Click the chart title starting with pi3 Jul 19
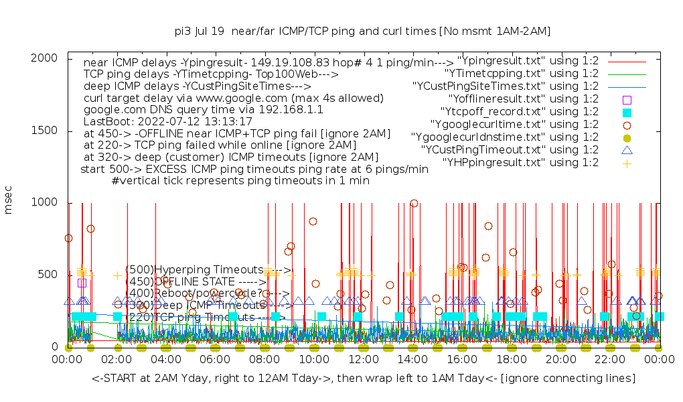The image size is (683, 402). tap(362, 31)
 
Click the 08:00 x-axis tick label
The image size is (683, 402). tap(264, 360)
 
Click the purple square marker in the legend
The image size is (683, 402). tap(627, 99)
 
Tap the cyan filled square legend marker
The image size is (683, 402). tap(627, 112)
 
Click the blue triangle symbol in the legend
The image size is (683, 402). tap(627, 150)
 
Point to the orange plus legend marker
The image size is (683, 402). tap(627, 163)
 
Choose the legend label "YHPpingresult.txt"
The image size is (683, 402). tap(520, 163)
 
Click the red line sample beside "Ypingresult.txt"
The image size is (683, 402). tap(627, 61)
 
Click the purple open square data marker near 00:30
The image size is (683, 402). tap(82, 283)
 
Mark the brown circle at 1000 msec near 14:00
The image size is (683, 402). tap(414, 203)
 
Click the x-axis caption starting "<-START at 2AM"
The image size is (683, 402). tap(364, 379)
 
